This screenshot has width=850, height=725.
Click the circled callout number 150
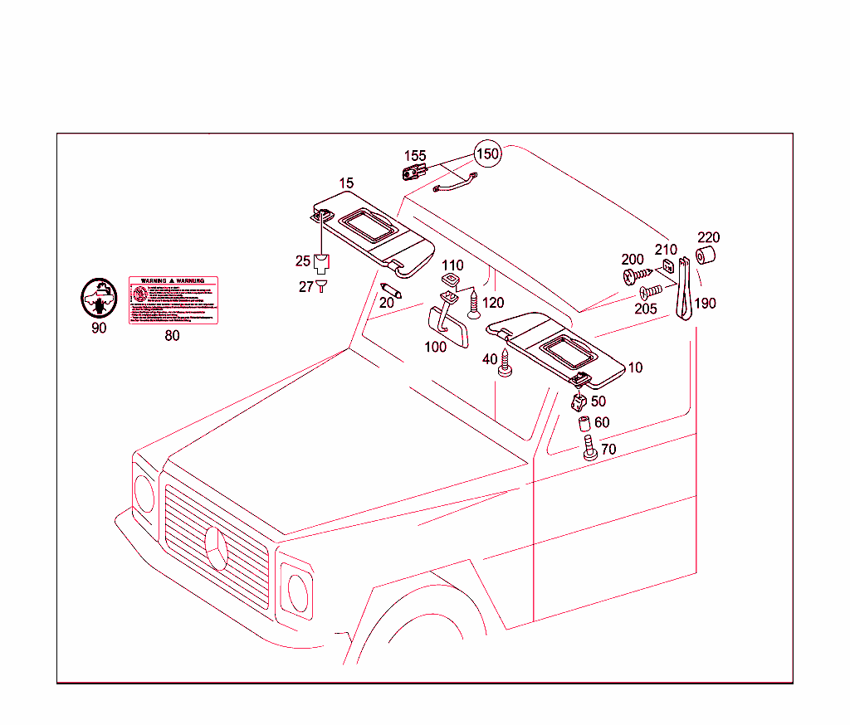pyautogui.click(x=487, y=154)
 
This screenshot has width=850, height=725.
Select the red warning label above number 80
pyautogui.click(x=173, y=300)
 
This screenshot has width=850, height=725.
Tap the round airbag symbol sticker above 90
pyautogui.click(x=98, y=299)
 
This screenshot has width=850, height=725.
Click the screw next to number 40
pyautogui.click(x=505, y=362)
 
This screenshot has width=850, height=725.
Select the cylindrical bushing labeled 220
pyautogui.click(x=706, y=255)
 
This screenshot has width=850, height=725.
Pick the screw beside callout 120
pyautogui.click(x=474, y=305)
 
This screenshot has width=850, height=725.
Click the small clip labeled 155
pyautogui.click(x=412, y=172)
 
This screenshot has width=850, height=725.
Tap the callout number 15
pyautogui.click(x=346, y=182)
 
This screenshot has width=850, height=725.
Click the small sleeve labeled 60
pyautogui.click(x=585, y=426)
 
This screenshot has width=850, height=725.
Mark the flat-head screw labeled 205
pyautogui.click(x=652, y=291)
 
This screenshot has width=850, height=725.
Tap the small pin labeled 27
pyautogui.click(x=323, y=286)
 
